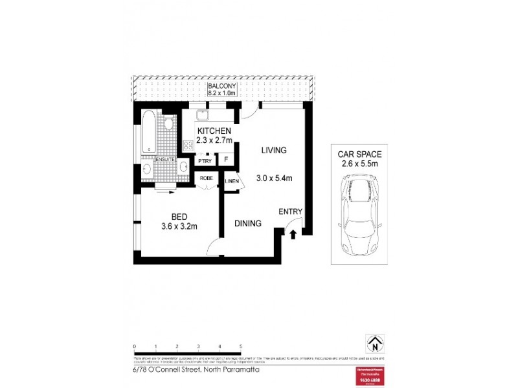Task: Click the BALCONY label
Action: coord(221,86)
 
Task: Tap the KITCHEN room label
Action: coord(206,130)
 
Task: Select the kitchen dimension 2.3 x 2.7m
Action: coord(206,138)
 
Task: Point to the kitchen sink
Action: coord(203,116)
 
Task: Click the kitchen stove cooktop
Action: coord(188,145)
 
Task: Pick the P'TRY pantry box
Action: coord(205,160)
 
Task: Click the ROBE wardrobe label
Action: coord(207,178)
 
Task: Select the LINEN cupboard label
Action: coord(232,182)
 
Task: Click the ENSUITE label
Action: coord(164,159)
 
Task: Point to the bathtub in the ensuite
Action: coord(148,133)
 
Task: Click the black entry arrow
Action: coord(293,233)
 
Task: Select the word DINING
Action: coord(248,224)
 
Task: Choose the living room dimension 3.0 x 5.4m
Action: coord(274,177)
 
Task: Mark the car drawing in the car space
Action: coord(359,213)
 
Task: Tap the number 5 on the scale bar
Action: coord(241,347)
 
